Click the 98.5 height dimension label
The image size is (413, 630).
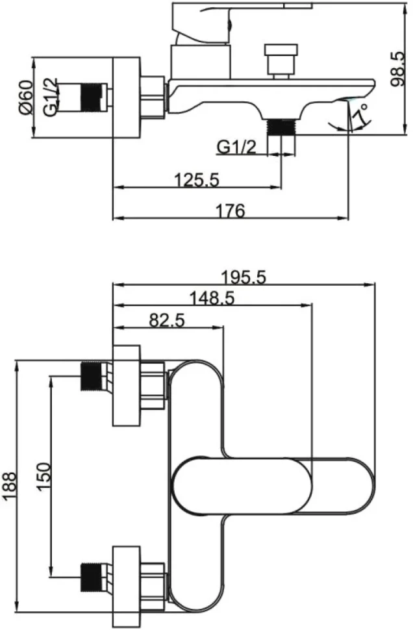[398, 68]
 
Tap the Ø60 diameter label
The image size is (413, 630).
[25, 97]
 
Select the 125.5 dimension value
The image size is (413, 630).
[197, 179]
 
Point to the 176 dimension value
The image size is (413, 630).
[231, 210]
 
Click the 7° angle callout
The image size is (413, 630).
[360, 114]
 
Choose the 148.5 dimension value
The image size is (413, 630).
[212, 298]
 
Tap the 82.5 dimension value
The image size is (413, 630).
[167, 320]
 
